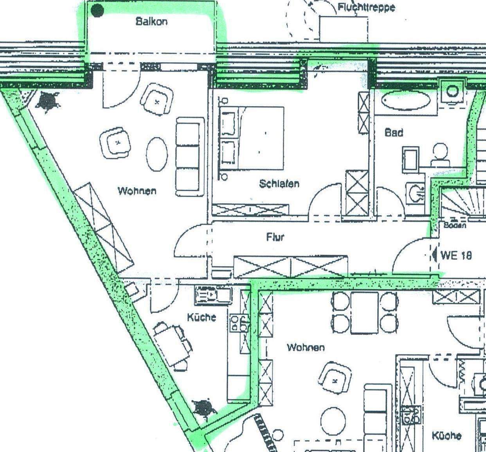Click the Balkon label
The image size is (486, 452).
tap(151, 21)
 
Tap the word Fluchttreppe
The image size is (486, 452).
tap(366, 7)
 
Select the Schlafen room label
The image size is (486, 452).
tap(279, 183)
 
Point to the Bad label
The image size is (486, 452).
tap(394, 133)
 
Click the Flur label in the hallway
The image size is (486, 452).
tap(275, 237)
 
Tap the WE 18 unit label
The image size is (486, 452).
tap(456, 255)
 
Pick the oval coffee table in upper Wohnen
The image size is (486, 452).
tap(157, 154)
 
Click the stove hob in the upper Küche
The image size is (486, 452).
tap(239, 323)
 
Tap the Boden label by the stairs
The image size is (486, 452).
tap(455, 226)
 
